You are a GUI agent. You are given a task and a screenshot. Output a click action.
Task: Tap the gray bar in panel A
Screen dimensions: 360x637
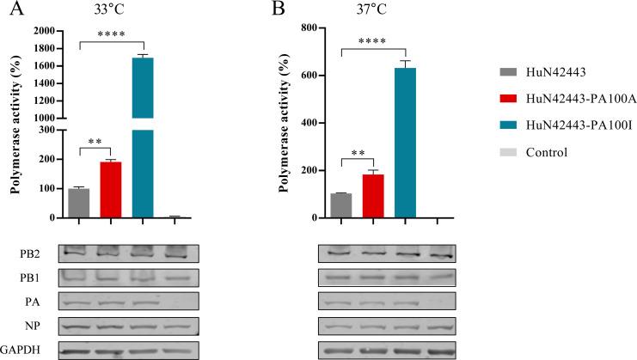tap(79, 203)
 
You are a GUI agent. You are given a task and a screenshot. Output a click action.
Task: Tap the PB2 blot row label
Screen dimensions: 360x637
tap(25, 253)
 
